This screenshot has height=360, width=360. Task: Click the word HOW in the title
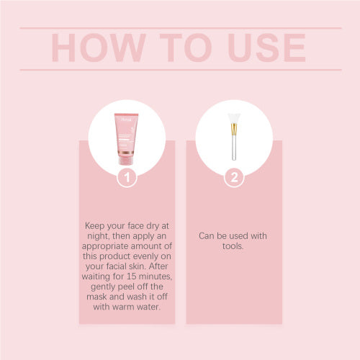99,48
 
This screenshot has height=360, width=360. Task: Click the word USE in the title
266,48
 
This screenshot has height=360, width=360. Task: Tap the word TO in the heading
186,48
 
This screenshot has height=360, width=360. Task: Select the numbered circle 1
127,178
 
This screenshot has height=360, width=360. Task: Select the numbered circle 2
234,178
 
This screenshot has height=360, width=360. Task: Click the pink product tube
126,139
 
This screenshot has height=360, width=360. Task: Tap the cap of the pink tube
126,160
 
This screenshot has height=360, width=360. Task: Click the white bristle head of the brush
234,118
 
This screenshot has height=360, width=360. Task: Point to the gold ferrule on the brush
234,130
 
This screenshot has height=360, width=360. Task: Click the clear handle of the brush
234,148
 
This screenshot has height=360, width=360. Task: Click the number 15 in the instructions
132,276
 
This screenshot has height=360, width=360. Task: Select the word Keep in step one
95,226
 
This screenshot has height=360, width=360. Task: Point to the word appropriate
105,246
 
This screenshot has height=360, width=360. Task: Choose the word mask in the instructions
96,297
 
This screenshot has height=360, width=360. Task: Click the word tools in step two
233,246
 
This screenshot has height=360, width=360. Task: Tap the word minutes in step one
156,276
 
